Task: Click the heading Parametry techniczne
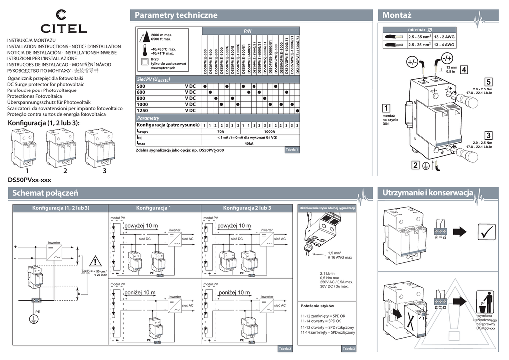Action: point(176,15)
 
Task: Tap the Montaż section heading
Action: point(397,15)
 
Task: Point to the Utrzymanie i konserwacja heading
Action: point(428,192)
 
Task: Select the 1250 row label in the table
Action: point(144,110)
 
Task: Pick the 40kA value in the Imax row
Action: point(249,143)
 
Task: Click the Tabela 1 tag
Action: point(292,150)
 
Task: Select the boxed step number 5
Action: point(489,81)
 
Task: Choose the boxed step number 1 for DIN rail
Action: point(386,108)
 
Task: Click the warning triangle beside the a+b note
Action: point(94,261)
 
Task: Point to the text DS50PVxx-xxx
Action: point(30,180)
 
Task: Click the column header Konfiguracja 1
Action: point(154,207)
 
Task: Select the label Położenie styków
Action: point(317,306)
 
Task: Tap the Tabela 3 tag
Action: point(349,349)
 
